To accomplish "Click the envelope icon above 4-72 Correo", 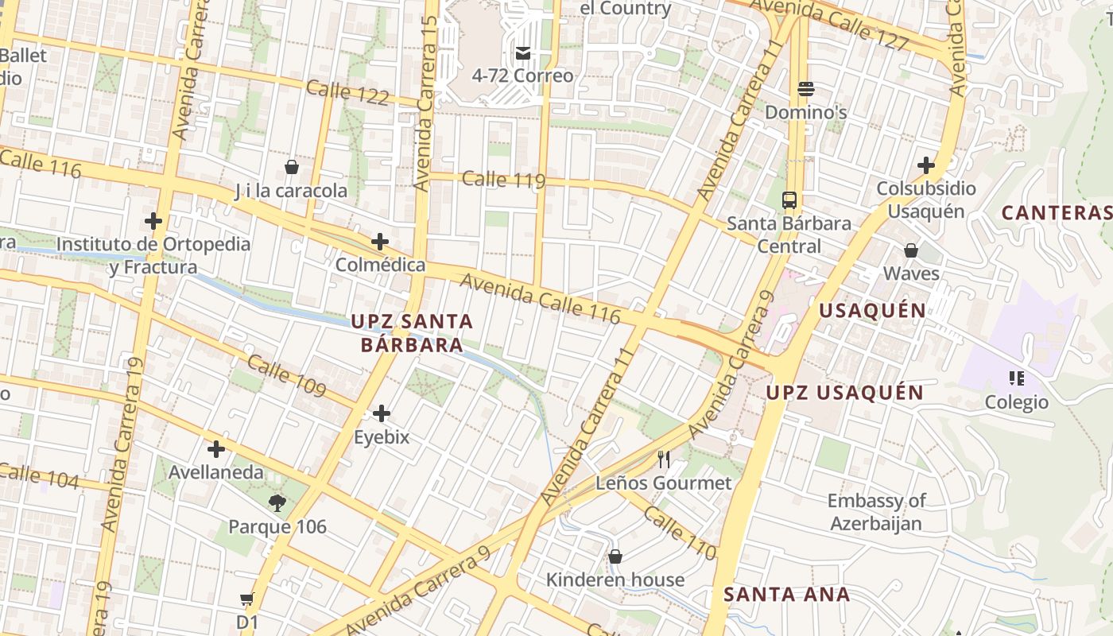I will pos(523,53).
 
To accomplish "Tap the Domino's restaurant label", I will pos(805,112).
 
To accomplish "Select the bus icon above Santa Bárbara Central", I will pos(789,200).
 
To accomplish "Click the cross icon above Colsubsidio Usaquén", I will pos(925,165).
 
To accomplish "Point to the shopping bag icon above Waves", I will pos(911,250).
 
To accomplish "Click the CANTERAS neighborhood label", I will pos(1056,213).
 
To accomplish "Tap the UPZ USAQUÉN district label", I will pos(844,393).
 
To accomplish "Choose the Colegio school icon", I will pos(1016,378).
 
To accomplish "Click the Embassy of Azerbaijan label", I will pos(876,512).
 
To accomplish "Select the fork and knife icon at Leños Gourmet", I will pos(664,459).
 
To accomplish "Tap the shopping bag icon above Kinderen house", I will pos(615,556).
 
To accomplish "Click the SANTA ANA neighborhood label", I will pos(786,594).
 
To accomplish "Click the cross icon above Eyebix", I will pos(382,413).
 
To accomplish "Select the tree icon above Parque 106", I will pos(277,502).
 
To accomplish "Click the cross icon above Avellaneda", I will pos(215,448).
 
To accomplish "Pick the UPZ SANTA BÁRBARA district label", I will pos(412,333).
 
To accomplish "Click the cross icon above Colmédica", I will pos(380,241).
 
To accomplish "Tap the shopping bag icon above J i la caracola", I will pos(292,167).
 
